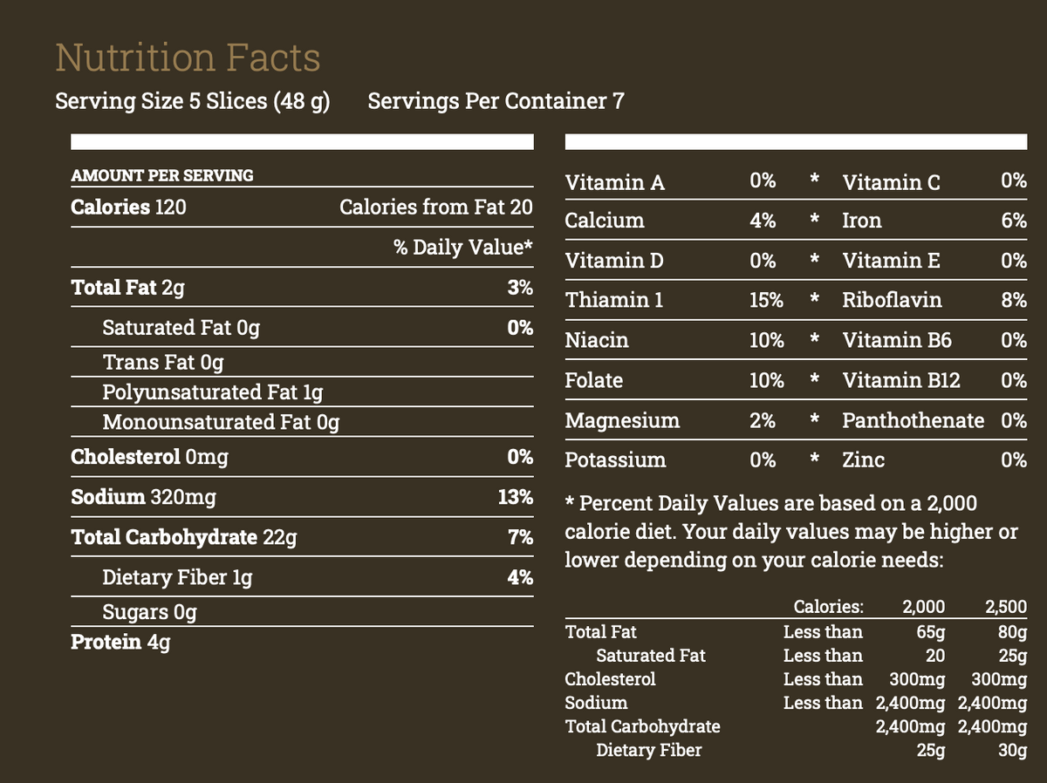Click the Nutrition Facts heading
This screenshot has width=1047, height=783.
[x=188, y=58]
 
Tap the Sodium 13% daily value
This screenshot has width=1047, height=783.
[x=515, y=498]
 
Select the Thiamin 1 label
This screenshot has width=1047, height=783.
[x=614, y=301]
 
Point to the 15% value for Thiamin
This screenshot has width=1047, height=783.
[x=765, y=301]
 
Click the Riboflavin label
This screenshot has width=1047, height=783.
[x=892, y=301]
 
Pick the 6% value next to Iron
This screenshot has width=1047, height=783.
[x=1014, y=221]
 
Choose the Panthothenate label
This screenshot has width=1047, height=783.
[x=913, y=421]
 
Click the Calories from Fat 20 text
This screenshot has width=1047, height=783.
[x=435, y=208]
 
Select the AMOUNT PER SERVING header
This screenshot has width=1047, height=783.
[x=162, y=175]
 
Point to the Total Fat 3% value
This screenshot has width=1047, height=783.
[x=520, y=288]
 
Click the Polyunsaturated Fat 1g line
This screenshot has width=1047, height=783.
[x=212, y=392]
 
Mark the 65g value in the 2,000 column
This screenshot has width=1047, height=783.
[x=930, y=632]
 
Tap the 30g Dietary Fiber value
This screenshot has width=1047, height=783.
[x=1012, y=750]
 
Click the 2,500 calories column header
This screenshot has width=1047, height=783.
[x=1005, y=608]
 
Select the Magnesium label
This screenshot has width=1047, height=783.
[x=622, y=421]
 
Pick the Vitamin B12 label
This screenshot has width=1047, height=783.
[x=901, y=381]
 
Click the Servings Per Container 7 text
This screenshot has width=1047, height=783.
[x=496, y=102]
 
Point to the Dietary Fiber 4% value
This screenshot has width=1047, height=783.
[x=520, y=578]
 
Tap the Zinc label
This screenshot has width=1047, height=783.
[x=863, y=460]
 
